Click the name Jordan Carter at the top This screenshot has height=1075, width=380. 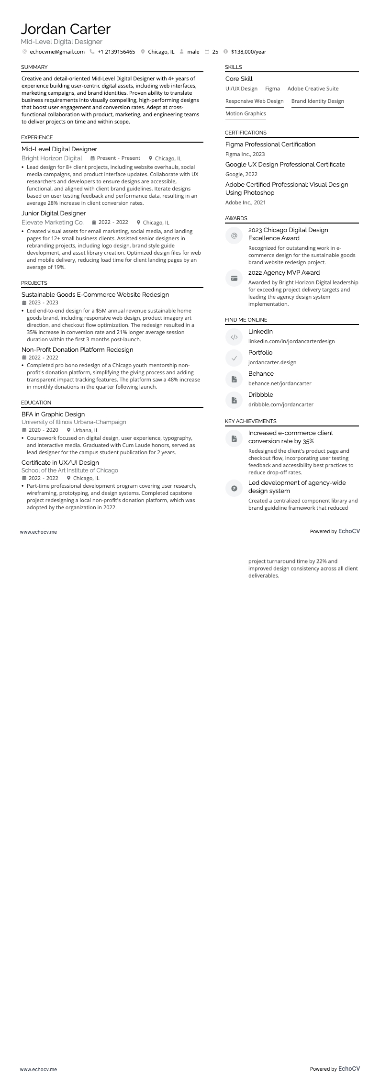tap(66, 29)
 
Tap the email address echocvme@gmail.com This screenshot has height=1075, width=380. tap(57, 52)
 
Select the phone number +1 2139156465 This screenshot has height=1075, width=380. tap(116, 52)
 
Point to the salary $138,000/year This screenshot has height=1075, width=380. tap(248, 52)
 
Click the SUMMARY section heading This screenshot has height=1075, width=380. tap(34, 67)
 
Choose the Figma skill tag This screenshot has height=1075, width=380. tap(272, 89)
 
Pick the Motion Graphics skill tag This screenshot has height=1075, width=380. tap(246, 113)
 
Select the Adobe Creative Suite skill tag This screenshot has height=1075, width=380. tap(313, 89)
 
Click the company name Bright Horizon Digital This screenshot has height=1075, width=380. tap(52, 158)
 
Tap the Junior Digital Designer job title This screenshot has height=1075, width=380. tap(54, 213)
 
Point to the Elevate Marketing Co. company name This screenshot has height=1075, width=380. tap(53, 222)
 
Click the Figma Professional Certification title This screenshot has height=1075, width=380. tap(270, 145)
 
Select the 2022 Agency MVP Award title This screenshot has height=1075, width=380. tap(284, 273)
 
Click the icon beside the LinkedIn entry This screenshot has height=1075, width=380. tap(234, 337)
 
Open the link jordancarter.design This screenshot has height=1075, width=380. tap(272, 362)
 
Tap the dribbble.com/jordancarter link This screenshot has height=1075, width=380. tap(281, 404)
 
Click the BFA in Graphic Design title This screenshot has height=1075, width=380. tap(53, 414)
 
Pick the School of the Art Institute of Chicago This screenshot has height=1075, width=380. tap(70, 470)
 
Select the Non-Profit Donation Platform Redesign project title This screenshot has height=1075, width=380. tap(78, 350)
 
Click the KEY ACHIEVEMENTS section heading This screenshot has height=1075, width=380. tap(251, 421)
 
